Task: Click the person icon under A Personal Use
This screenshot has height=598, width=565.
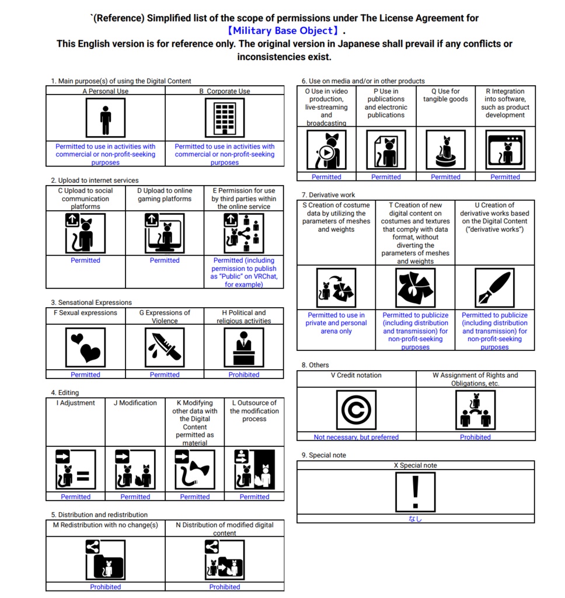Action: [x=106, y=118]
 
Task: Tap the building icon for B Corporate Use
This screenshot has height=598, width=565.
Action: [x=225, y=118]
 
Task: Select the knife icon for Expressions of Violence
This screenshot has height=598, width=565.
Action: [x=165, y=347]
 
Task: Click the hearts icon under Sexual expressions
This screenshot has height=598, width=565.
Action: [x=86, y=347]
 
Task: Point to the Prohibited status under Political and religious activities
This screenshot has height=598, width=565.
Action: [x=244, y=375]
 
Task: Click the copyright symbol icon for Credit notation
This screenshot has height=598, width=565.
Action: [x=356, y=410]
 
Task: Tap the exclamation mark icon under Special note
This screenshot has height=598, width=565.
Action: [x=416, y=492]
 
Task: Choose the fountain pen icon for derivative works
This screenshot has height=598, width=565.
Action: [x=494, y=288]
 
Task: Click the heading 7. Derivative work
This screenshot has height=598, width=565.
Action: [x=328, y=195]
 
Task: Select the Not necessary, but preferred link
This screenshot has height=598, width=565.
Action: [x=356, y=437]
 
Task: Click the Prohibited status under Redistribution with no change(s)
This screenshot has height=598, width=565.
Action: [x=106, y=587]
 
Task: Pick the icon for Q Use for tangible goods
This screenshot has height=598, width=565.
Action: [x=445, y=149]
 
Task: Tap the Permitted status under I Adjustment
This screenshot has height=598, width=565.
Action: [x=76, y=497]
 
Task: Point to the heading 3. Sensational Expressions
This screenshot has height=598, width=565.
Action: [x=91, y=303]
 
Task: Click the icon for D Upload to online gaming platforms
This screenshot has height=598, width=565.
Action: [x=165, y=233]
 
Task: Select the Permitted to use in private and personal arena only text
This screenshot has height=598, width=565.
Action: [x=336, y=323]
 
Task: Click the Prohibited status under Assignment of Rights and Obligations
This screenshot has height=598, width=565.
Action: [x=475, y=437]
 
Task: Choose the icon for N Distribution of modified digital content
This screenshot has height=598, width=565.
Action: [x=225, y=559]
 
